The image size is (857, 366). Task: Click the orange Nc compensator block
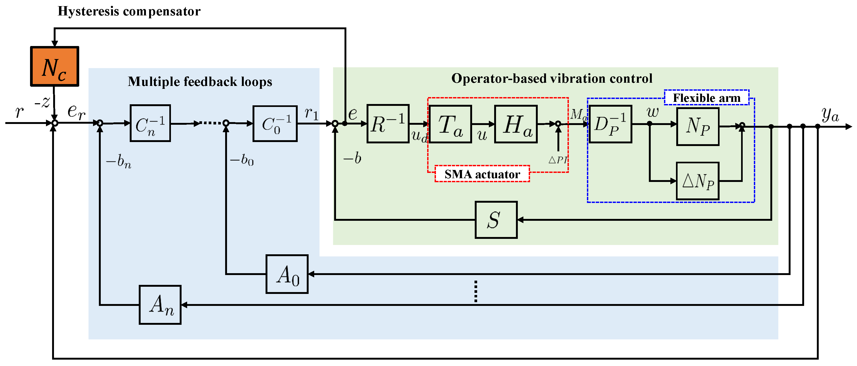pyautogui.click(x=54, y=66)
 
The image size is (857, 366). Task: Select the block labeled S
pyautogui.click(x=496, y=220)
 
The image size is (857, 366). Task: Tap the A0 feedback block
pyautogui.click(x=287, y=274)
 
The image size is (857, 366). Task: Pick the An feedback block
pyautogui.click(x=160, y=305)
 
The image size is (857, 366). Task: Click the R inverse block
pyautogui.click(x=388, y=124)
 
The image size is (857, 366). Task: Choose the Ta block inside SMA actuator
pyautogui.click(x=450, y=124)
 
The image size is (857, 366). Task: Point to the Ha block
pyautogui.click(x=516, y=124)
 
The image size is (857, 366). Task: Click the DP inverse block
pyautogui.click(x=610, y=124)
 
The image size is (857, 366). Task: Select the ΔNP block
pyautogui.click(x=698, y=181)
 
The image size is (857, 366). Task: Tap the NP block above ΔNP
pyautogui.click(x=698, y=126)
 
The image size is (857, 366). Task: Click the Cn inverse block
pyautogui.click(x=150, y=123)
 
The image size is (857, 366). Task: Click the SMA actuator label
pyautogui.click(x=482, y=174)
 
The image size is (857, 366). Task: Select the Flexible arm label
pyautogui.click(x=707, y=98)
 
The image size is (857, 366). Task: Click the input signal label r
pyautogui.click(x=19, y=111)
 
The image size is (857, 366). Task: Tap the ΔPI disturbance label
pyautogui.click(x=558, y=160)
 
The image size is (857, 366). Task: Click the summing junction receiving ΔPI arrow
pyautogui.click(x=558, y=124)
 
